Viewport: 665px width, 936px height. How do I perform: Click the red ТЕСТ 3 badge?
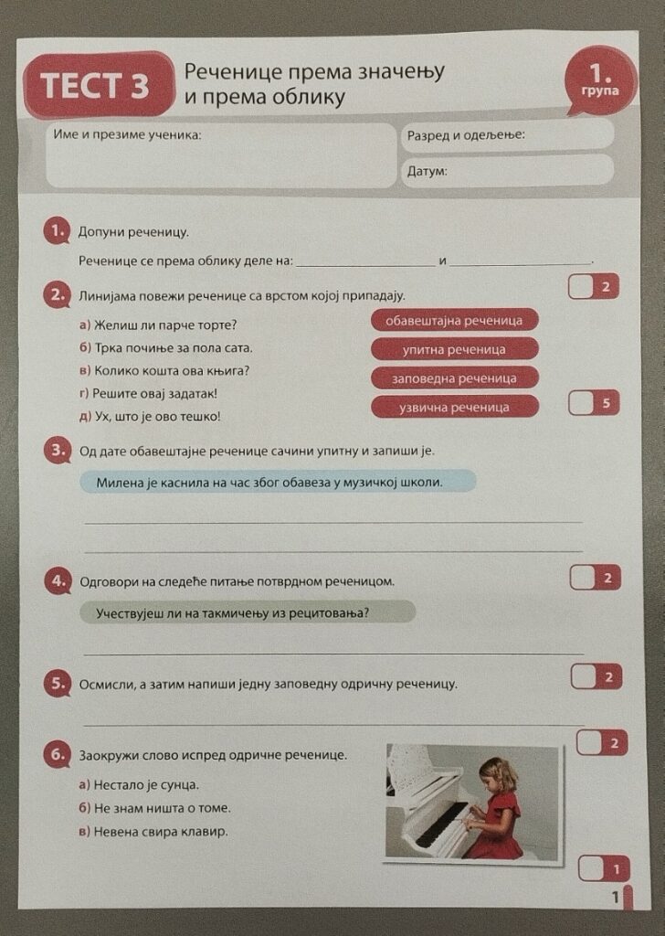click(99, 85)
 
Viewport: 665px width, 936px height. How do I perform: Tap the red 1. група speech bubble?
click(600, 81)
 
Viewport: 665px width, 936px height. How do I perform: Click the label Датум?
click(427, 171)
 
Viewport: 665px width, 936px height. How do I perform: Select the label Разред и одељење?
click(466, 135)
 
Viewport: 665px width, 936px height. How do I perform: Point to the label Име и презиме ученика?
click(128, 134)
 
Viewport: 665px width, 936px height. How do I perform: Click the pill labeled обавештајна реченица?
click(455, 321)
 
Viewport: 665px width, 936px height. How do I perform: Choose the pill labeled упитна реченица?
click(455, 349)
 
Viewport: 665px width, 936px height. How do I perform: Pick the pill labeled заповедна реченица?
click(455, 378)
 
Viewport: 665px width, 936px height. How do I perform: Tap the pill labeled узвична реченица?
click(455, 407)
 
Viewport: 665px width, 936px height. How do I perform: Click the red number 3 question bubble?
click(58, 451)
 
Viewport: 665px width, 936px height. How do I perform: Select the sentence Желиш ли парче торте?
click(159, 324)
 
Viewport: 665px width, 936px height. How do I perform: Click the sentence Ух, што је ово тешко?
click(151, 416)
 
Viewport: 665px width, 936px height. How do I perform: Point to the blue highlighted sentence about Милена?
click(278, 482)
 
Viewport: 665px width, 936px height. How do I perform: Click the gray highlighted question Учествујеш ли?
click(248, 612)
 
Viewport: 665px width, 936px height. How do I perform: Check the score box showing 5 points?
click(594, 403)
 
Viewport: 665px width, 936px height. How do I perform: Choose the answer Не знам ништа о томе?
click(155, 808)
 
